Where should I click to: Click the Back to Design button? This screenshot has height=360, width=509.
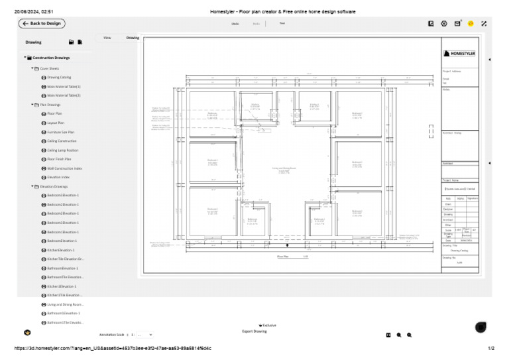point(42,23)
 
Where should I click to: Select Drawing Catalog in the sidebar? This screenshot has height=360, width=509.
point(60,77)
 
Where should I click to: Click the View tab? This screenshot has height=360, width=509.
point(107,38)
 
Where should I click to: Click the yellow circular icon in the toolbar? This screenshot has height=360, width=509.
point(471,23)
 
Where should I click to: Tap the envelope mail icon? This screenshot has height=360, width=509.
point(457,23)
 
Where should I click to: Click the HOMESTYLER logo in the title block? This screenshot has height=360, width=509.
point(459,53)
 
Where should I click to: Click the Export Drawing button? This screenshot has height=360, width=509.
point(254,331)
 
